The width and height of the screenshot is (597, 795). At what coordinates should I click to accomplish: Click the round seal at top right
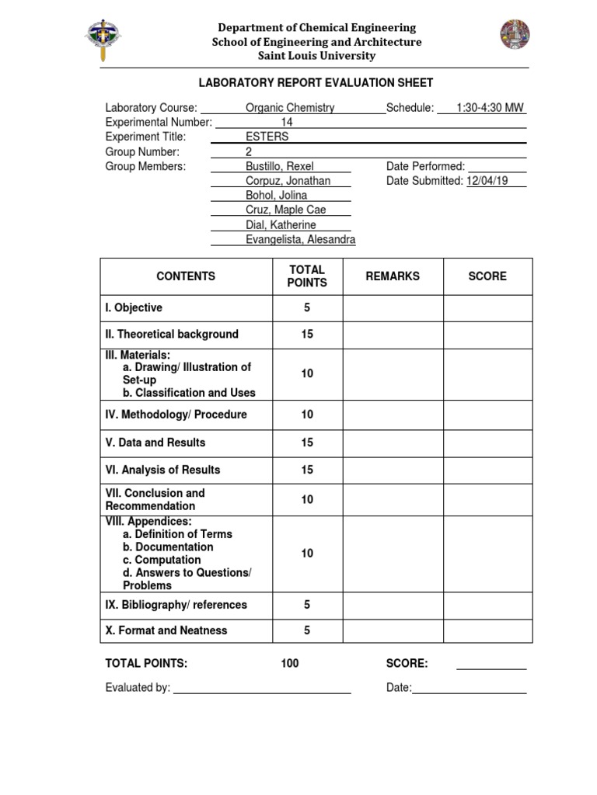[515, 34]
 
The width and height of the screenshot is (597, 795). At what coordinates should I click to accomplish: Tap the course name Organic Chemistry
[289, 108]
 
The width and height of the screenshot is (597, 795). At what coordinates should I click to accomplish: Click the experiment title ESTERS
[267, 137]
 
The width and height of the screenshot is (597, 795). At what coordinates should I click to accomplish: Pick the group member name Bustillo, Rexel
[281, 166]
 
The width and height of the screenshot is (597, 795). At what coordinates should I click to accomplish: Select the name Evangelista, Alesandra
[300, 240]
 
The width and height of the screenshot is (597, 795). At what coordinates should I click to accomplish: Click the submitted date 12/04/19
[487, 181]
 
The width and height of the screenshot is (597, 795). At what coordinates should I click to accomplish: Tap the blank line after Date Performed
[497, 166]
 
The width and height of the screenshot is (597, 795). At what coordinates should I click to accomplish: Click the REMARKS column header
[393, 276]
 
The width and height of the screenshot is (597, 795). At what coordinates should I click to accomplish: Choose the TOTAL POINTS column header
[307, 276]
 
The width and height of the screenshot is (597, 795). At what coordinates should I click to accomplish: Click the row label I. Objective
[134, 308]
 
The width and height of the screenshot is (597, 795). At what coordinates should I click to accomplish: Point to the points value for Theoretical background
[307, 335]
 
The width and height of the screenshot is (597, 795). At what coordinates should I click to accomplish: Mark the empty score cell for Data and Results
[487, 443]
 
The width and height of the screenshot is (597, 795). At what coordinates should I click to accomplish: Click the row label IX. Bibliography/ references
[176, 605]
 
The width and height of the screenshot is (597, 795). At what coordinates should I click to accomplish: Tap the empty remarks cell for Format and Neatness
[393, 630]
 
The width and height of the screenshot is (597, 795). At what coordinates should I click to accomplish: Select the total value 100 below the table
[290, 664]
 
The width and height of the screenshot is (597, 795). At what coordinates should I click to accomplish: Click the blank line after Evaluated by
[262, 688]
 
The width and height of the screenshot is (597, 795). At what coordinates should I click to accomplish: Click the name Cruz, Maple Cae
[285, 210]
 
